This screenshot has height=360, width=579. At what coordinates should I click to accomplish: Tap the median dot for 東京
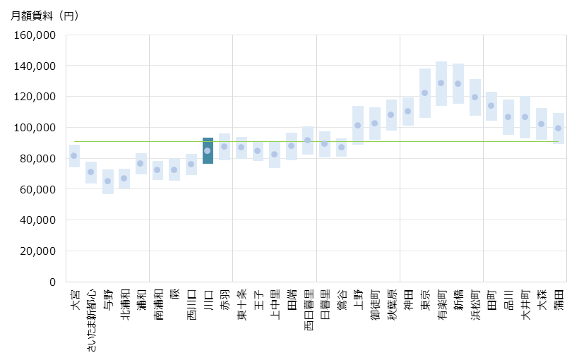click(x=425, y=92)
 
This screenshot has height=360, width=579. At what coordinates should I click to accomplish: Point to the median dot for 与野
click(x=108, y=181)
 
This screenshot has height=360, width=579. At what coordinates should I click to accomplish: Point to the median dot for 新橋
click(x=458, y=83)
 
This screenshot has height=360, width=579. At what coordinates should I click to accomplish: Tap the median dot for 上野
click(x=358, y=125)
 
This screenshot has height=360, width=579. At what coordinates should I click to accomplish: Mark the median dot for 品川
click(x=508, y=116)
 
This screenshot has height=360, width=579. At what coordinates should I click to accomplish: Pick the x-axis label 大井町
click(x=525, y=305)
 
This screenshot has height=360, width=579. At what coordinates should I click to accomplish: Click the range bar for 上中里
click(x=275, y=164)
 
